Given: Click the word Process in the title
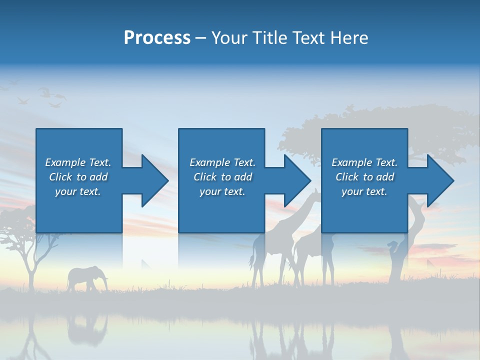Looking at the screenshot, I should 157,38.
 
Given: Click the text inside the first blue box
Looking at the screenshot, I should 78,177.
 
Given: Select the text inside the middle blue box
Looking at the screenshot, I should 222,177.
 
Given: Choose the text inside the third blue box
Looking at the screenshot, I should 364,177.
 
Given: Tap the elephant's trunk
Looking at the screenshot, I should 105,283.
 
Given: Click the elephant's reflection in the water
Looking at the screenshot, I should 87,327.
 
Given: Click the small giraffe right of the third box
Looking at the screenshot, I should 395,260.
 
